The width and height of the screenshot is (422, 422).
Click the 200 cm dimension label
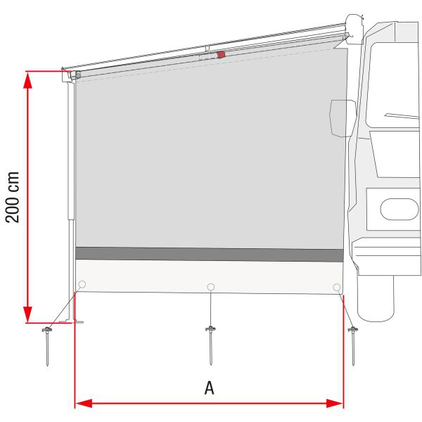13,196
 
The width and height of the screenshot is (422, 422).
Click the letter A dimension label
209,388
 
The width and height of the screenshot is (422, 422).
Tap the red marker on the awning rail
221,54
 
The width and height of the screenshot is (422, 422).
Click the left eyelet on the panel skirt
82,285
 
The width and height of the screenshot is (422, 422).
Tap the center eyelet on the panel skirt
210,286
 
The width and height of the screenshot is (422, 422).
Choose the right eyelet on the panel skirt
337,287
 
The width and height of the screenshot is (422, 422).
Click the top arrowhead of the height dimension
27,79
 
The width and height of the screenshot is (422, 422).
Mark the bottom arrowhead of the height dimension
27,314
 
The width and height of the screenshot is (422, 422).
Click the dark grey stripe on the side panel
209,254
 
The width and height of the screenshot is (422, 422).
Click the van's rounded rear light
399,209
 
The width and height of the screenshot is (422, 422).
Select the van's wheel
377,300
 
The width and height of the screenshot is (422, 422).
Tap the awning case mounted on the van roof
352,26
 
